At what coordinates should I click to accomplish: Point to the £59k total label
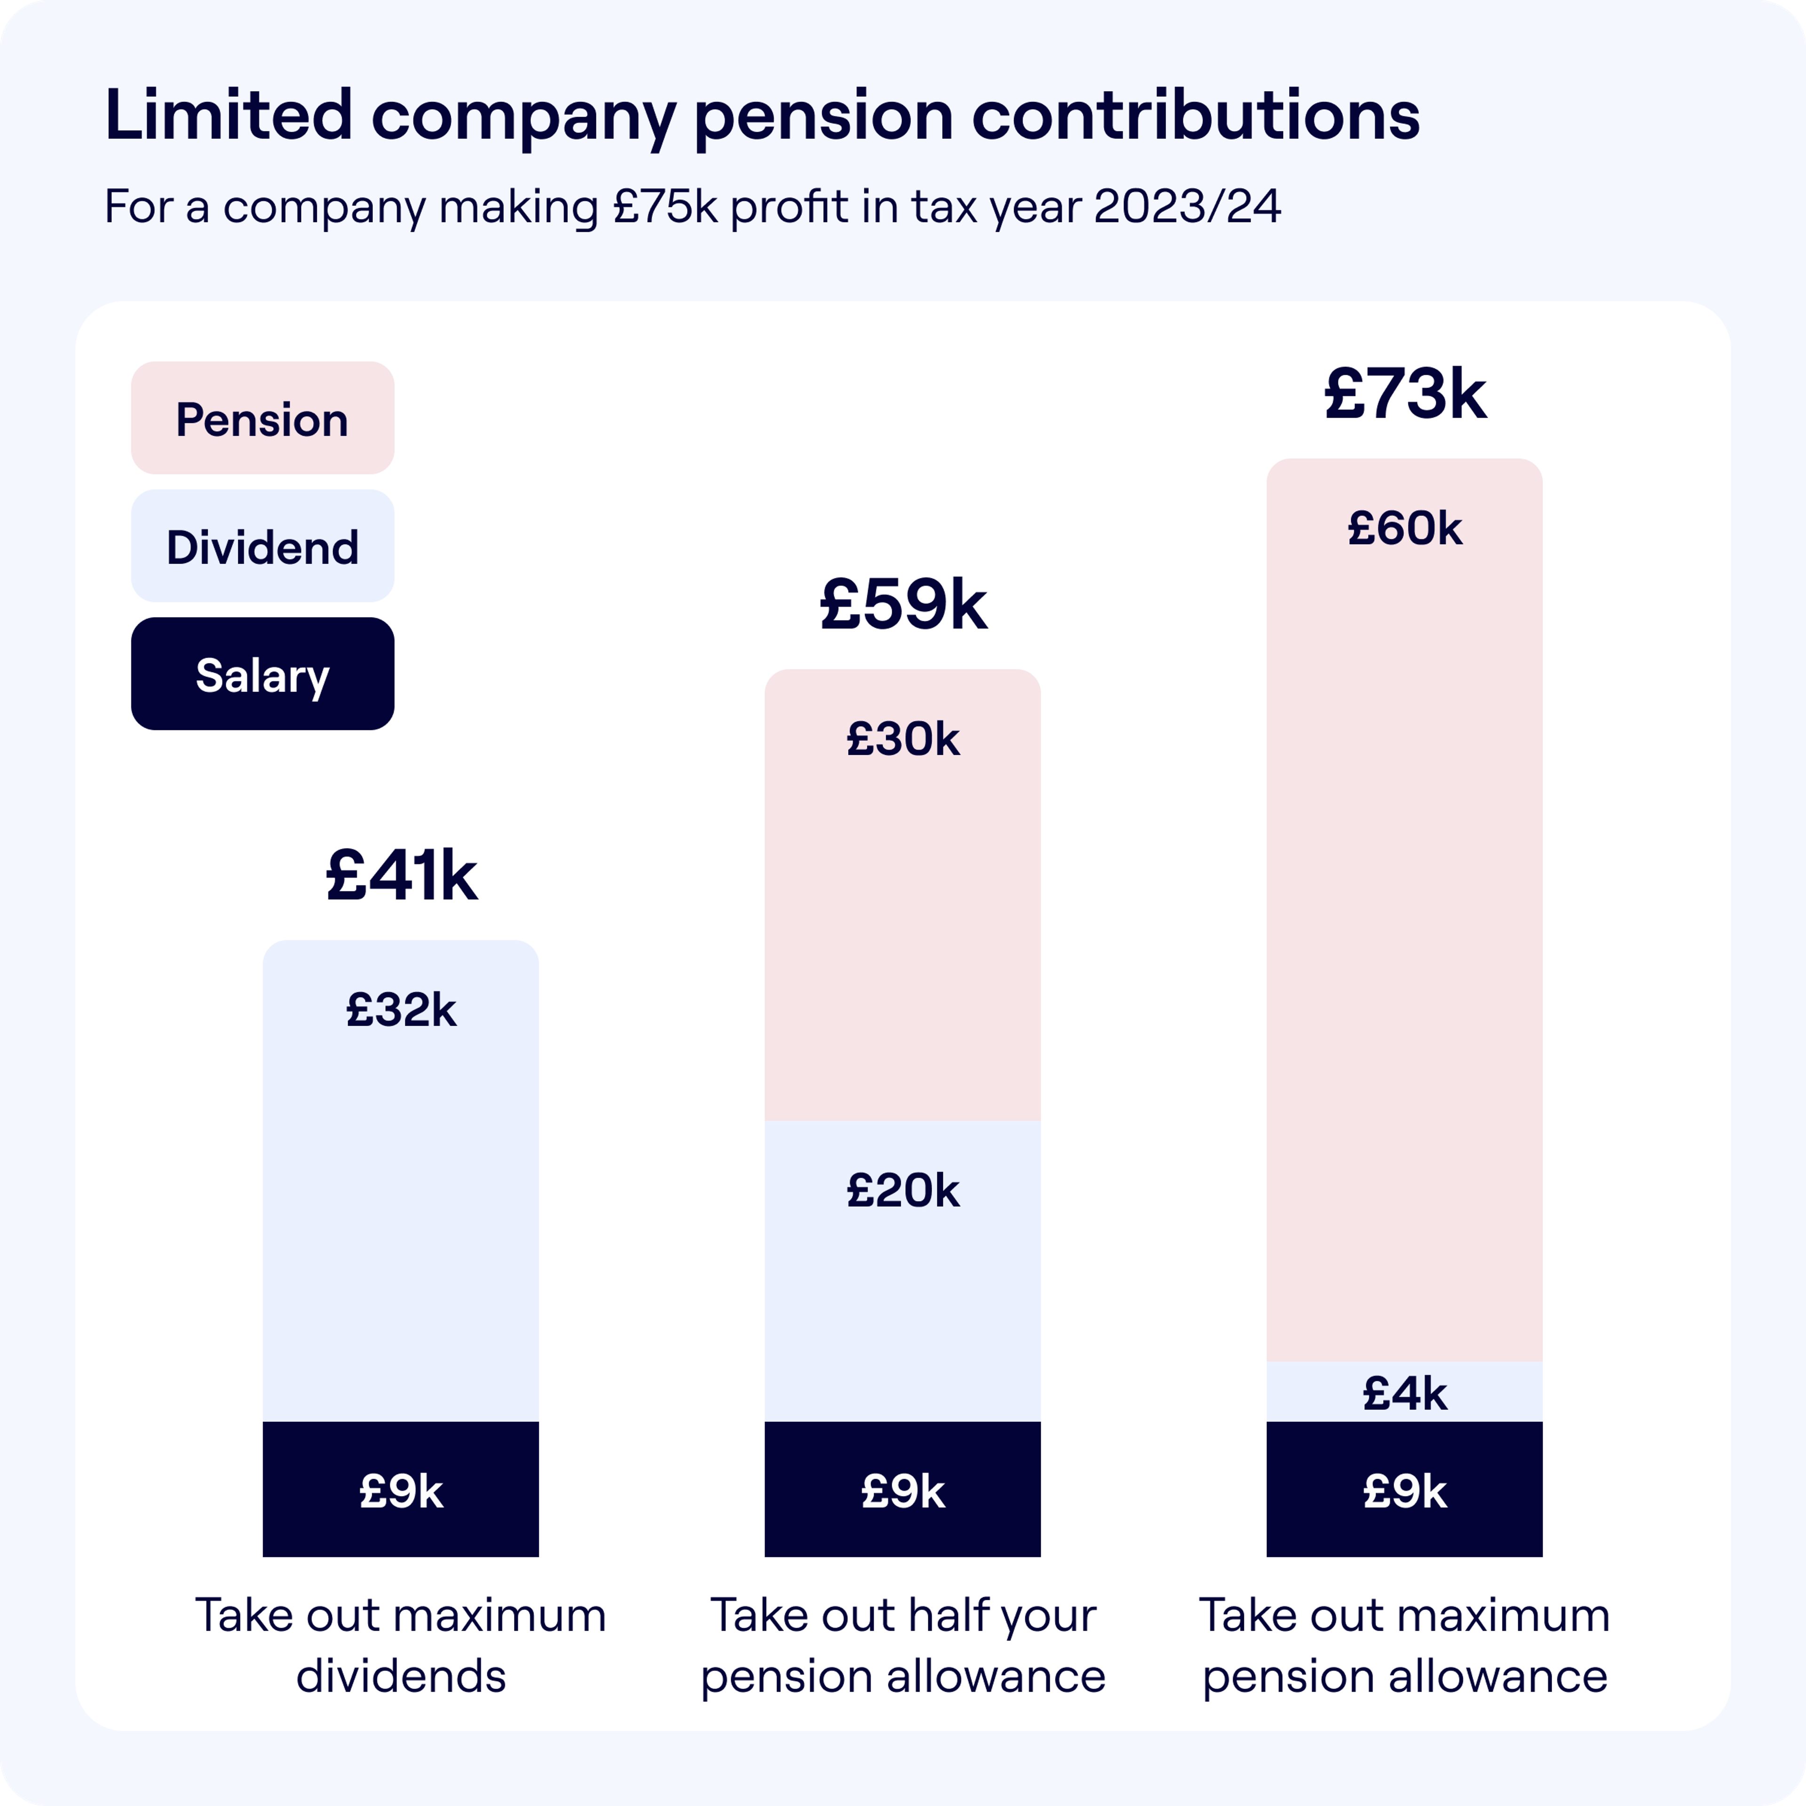pos(903,605)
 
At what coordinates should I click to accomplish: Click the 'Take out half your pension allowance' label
pos(903,1645)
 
